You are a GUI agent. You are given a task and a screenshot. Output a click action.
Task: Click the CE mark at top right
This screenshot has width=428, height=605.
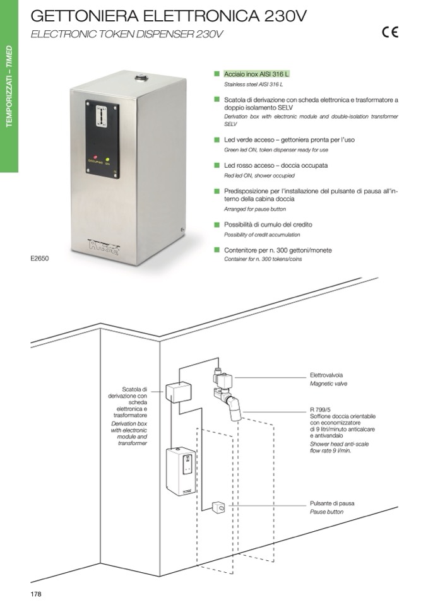pos(389,33)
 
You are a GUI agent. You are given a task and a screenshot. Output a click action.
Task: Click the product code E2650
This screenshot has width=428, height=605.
pos(39,259)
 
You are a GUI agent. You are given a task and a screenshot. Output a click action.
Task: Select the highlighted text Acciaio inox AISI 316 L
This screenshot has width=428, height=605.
pos(256,74)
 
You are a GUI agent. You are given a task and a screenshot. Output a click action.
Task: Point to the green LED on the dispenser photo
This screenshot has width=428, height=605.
pos(108,157)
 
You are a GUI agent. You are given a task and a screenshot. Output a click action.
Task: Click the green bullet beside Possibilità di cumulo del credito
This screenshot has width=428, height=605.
pos(217,225)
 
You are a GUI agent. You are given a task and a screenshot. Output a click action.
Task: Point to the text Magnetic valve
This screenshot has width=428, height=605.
pos(328,383)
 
